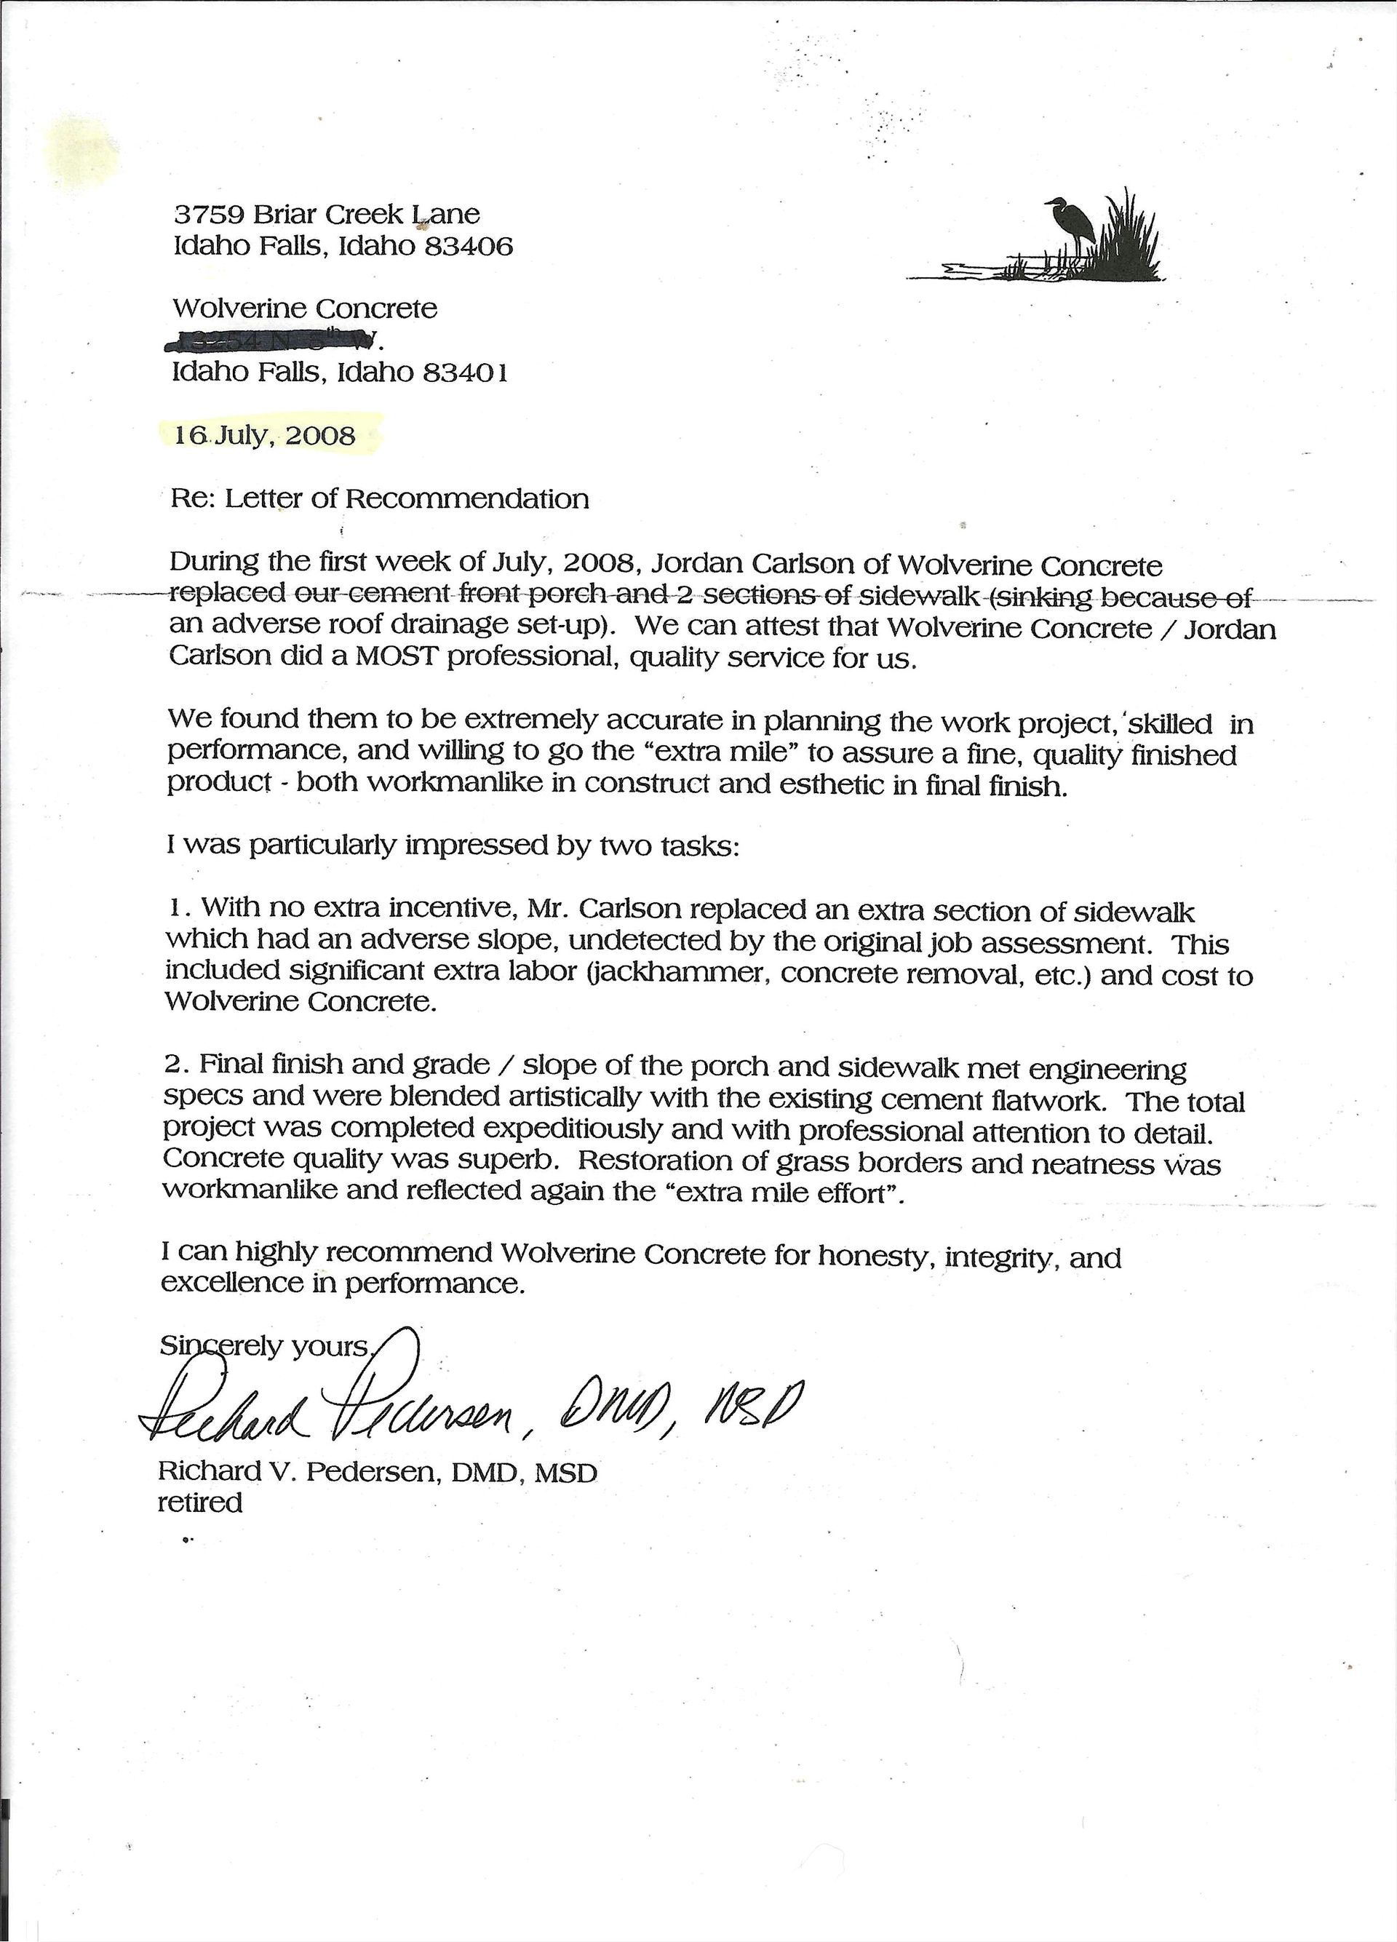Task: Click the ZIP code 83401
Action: (x=466, y=373)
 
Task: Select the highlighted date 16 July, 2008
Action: (x=265, y=436)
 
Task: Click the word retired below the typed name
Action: (x=200, y=1503)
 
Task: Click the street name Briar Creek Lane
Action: (x=360, y=214)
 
